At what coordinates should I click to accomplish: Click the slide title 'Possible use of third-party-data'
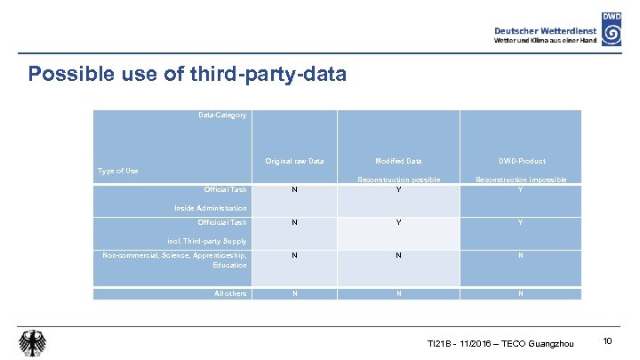(187, 74)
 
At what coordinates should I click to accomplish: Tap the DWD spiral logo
(612, 29)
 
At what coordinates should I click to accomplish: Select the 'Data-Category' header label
(223, 115)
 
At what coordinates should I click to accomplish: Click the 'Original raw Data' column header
(294, 161)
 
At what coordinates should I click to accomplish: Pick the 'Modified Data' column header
(398, 161)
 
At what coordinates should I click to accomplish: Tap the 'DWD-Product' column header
(520, 161)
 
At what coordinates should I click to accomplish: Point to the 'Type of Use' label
(117, 171)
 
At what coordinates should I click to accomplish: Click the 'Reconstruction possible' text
(398, 180)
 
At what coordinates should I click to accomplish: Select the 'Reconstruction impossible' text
(521, 180)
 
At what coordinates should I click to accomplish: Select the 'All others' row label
(230, 293)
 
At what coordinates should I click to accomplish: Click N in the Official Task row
(294, 189)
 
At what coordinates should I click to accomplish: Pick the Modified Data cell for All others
(398, 293)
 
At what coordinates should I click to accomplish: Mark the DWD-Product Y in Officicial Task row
(520, 222)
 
